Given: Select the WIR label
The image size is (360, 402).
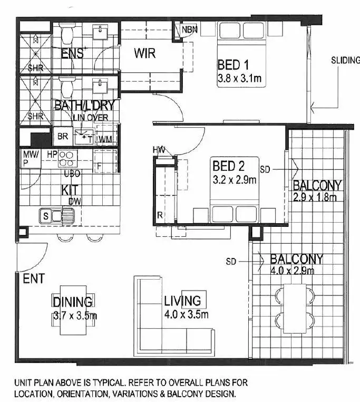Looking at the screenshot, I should click(144, 53).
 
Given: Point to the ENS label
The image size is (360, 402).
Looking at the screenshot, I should click(72, 53).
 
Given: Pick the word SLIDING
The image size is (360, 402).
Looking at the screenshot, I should click(345, 60).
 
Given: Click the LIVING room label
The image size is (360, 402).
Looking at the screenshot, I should click(182, 301).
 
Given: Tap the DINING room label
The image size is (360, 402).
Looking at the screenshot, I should click(73, 302).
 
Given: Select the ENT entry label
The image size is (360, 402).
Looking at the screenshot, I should click(33, 278).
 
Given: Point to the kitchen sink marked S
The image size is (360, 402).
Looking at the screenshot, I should click(46, 215).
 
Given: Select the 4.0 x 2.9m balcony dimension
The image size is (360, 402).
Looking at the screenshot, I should click(292, 271).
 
